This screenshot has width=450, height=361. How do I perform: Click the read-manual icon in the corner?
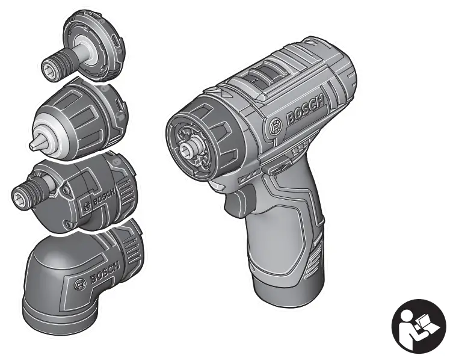pyautogui.click(x=419, y=326)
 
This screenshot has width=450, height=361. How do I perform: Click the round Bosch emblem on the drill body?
pyautogui.click(x=275, y=126)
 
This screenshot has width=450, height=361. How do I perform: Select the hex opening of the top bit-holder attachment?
pyautogui.click(x=47, y=70)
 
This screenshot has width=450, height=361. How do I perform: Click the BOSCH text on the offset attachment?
pyautogui.click(x=104, y=197)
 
